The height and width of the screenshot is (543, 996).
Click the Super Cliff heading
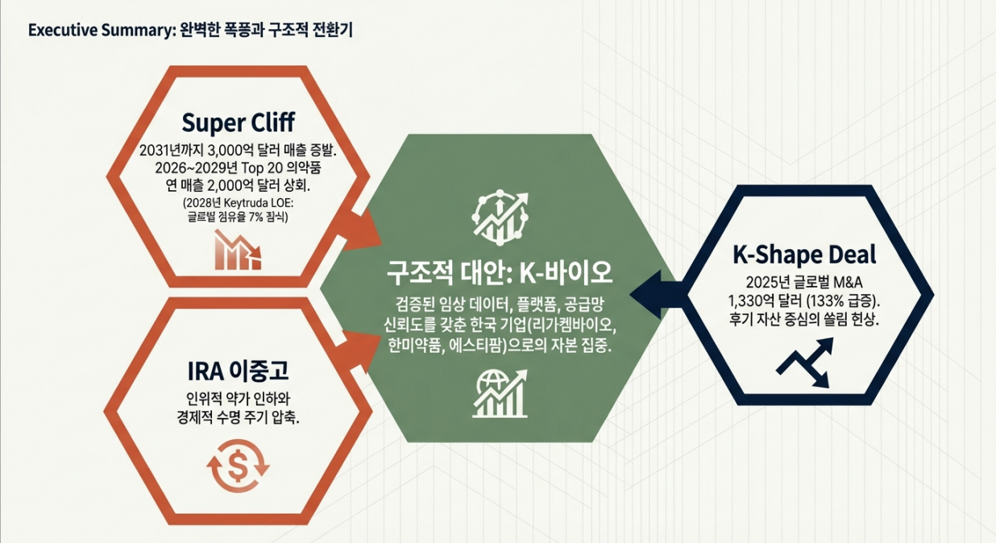coord(238,122)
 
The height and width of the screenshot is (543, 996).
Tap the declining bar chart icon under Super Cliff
coord(237,249)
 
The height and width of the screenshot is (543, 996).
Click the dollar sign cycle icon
coord(239,464)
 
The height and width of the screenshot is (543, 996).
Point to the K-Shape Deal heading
coord(804,255)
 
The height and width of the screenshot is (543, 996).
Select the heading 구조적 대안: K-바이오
coord(500,272)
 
